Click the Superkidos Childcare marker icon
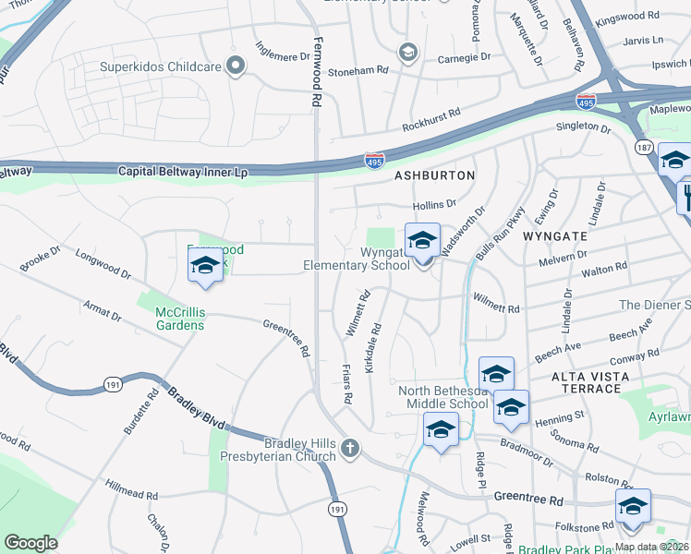[x=236, y=65]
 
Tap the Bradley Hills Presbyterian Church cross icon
[x=349, y=449]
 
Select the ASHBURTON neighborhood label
[x=435, y=175]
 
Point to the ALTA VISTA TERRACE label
[x=589, y=382]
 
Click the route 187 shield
[x=644, y=148]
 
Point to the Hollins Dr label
[x=435, y=203]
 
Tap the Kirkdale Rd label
[x=374, y=348]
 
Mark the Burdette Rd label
[x=136, y=413]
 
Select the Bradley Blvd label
[x=196, y=407]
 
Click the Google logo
[x=31, y=542]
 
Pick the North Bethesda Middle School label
[x=443, y=397]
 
